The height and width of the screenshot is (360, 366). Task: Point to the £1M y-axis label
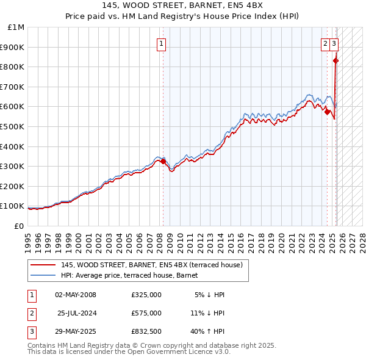click(x=16, y=27)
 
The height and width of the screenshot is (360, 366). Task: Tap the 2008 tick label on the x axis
click(x=163, y=238)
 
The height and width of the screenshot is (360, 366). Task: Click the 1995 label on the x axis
click(x=28, y=238)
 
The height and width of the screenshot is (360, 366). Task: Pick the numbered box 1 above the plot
click(x=162, y=43)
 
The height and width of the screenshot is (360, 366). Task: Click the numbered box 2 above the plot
click(x=326, y=43)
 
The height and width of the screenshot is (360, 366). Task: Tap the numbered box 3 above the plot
click(x=335, y=43)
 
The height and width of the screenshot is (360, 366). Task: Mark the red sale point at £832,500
click(x=336, y=60)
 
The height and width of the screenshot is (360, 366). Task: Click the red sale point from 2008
click(x=163, y=161)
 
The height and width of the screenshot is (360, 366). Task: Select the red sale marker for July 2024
click(x=328, y=112)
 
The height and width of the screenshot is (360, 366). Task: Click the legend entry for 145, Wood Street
click(x=152, y=265)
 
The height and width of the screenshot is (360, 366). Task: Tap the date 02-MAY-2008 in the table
click(x=76, y=295)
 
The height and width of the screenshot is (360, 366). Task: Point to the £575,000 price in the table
click(x=146, y=313)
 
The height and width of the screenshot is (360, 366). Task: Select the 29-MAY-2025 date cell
click(x=76, y=331)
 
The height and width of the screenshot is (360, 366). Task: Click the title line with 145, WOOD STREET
click(x=182, y=7)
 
